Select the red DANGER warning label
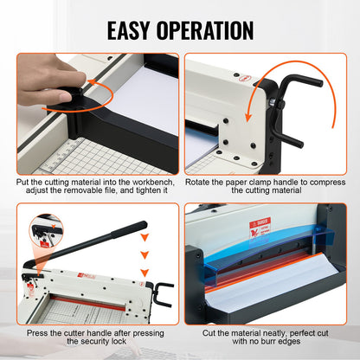pos(260,229)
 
